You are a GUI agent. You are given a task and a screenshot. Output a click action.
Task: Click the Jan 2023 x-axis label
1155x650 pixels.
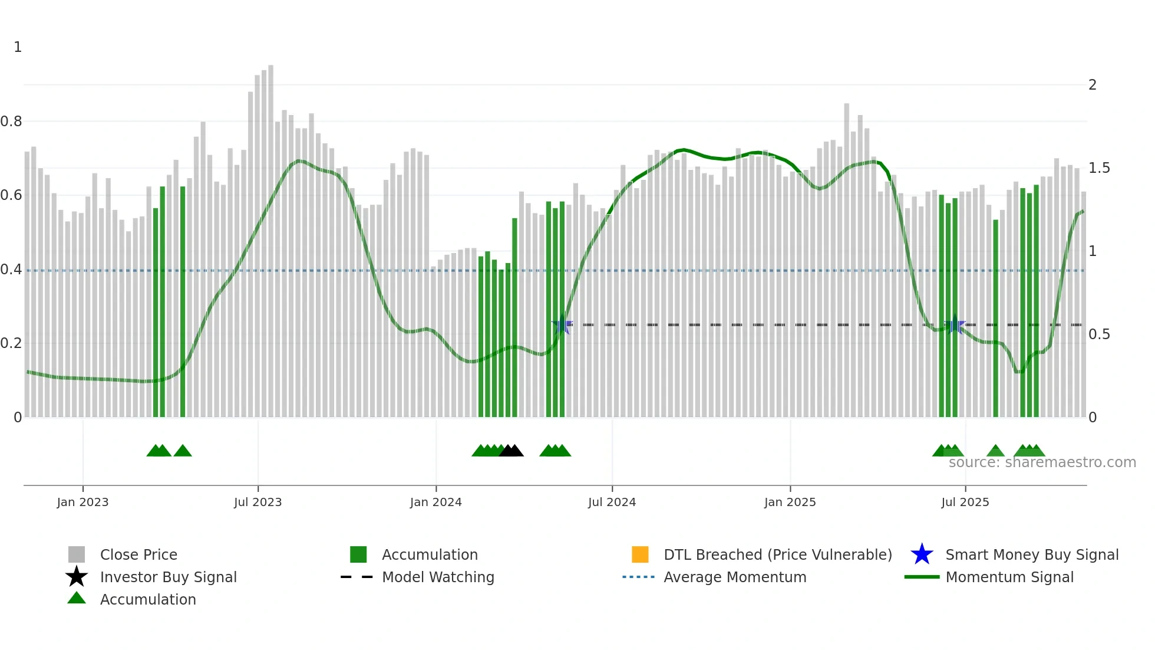click(x=82, y=502)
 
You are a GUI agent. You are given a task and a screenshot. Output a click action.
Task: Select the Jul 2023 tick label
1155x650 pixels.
click(x=258, y=502)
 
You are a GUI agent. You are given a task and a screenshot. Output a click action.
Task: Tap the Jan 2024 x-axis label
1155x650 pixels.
click(x=435, y=502)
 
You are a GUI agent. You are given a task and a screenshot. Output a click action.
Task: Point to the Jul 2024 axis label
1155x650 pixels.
click(x=612, y=502)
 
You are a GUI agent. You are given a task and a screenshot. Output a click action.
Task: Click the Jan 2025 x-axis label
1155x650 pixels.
click(x=790, y=502)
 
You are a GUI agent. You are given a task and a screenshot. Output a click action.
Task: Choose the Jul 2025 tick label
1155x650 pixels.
click(x=965, y=502)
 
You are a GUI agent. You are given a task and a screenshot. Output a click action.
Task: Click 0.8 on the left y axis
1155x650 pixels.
click(x=11, y=122)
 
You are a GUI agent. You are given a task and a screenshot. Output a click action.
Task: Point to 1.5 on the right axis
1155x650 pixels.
click(x=1099, y=168)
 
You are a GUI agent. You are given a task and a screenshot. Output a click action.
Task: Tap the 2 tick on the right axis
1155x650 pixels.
click(x=1093, y=85)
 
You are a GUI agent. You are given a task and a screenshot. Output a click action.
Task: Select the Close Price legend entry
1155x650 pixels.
click(x=138, y=554)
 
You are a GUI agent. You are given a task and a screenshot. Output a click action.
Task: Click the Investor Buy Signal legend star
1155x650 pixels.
click(x=77, y=577)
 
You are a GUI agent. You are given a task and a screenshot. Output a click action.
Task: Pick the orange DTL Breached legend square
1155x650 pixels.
click(x=640, y=554)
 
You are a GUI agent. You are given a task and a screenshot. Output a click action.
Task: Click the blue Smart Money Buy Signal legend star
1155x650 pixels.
click(x=922, y=554)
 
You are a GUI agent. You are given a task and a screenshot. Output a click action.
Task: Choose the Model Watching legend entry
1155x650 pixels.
click(x=438, y=577)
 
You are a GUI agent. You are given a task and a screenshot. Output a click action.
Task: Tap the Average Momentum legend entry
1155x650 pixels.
click(x=735, y=577)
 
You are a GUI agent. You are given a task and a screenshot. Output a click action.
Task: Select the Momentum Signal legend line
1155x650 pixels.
click(x=922, y=577)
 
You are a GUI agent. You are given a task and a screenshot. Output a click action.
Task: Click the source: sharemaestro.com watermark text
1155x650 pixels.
click(x=1042, y=462)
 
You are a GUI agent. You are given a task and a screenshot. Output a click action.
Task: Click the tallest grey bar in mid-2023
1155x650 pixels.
click(x=270, y=236)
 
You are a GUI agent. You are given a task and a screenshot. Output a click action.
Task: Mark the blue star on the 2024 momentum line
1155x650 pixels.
click(x=562, y=324)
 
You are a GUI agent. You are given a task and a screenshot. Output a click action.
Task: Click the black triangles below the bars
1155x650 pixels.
click(x=511, y=451)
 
